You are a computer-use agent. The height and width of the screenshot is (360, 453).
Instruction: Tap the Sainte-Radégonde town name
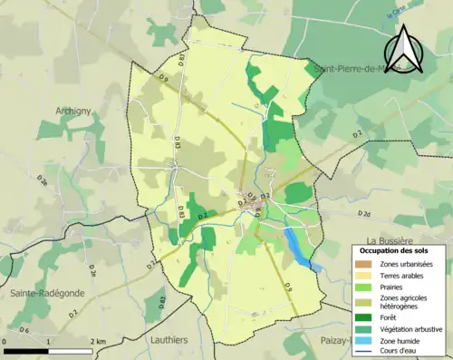[41, 293]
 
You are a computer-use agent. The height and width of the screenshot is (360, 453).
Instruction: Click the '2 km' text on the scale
[100, 341]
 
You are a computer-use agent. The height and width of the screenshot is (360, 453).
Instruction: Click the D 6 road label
[25, 329]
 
